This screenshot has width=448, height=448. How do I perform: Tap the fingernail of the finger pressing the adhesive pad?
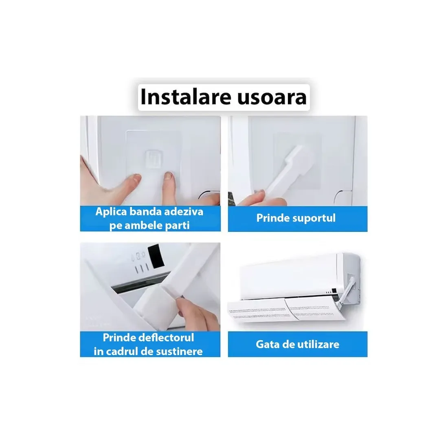[168, 176]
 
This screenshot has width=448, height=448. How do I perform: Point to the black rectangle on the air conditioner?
[155, 256]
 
